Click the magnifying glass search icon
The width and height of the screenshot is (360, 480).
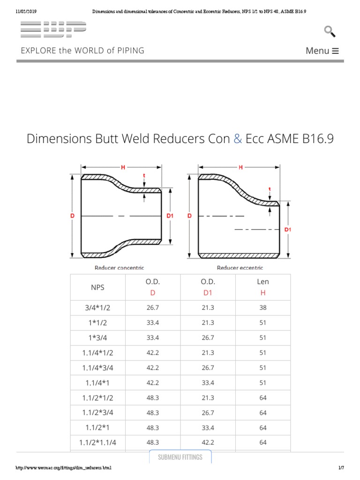click(x=330, y=31)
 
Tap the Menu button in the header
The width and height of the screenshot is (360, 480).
click(x=322, y=51)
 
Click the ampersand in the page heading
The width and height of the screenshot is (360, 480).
click(x=237, y=139)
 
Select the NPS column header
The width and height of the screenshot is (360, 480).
click(x=97, y=287)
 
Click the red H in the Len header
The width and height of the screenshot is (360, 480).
click(x=262, y=292)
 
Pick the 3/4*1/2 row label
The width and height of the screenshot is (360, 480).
click(x=97, y=307)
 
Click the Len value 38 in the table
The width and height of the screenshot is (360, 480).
click(x=262, y=307)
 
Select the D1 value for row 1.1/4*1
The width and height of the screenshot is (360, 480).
click(x=208, y=382)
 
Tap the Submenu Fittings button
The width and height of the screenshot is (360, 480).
click(x=180, y=457)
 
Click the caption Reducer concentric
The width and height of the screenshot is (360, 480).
click(x=119, y=268)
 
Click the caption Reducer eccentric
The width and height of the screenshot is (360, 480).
click(x=240, y=268)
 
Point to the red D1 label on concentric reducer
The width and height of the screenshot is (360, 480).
click(x=170, y=216)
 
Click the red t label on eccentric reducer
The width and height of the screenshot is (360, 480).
click(x=270, y=189)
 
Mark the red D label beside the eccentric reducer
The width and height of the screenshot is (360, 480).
click(x=190, y=216)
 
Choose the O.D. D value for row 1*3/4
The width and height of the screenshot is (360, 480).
click(x=153, y=337)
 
